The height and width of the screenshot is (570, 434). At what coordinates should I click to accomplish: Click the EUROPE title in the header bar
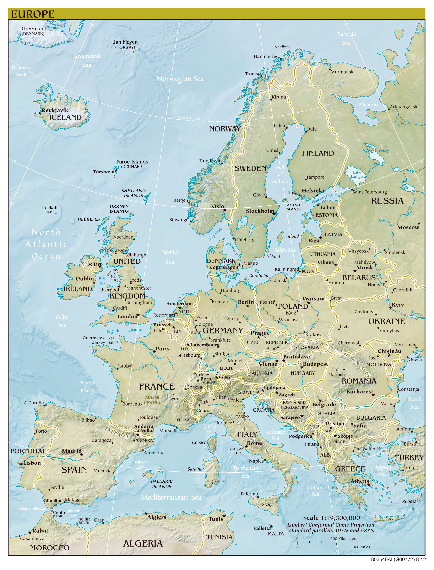coord(33,14)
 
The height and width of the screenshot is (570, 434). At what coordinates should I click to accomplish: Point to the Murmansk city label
coord(342,72)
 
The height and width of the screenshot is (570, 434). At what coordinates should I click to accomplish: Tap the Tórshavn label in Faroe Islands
coord(103,172)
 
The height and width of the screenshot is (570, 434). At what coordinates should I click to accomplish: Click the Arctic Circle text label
coord(189,118)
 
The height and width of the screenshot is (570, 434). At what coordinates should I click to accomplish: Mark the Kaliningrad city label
coord(286,269)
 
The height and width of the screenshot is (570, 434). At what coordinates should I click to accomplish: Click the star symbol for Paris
coord(154,352)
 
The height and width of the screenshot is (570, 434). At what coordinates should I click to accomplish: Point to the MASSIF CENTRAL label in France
coord(153,400)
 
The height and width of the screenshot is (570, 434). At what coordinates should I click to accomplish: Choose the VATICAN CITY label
coord(237,451)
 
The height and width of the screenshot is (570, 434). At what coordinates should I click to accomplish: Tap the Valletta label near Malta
coord(262,528)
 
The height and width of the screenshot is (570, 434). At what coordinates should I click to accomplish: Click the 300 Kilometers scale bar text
coord(344,539)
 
